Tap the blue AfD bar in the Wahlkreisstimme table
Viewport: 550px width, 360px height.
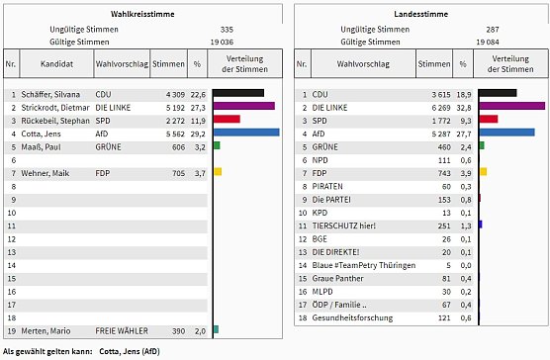(x=246, y=132)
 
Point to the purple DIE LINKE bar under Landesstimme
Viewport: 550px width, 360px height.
(x=511, y=106)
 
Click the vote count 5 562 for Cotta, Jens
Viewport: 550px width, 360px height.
(x=169, y=132)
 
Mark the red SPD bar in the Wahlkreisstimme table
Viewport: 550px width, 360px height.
(x=227, y=119)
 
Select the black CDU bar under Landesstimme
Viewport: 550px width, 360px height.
(x=498, y=93)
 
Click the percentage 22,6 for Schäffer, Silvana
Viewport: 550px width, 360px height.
(x=197, y=93)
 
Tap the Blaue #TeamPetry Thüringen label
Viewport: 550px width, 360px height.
(x=359, y=265)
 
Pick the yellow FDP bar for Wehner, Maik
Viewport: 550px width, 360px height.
(x=218, y=172)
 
